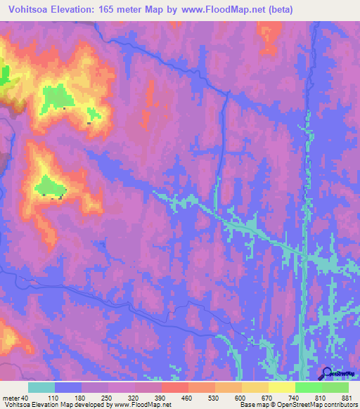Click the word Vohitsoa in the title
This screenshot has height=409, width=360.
25,10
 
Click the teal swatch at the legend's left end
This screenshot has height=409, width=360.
41,388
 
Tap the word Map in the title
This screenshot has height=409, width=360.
156,10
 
